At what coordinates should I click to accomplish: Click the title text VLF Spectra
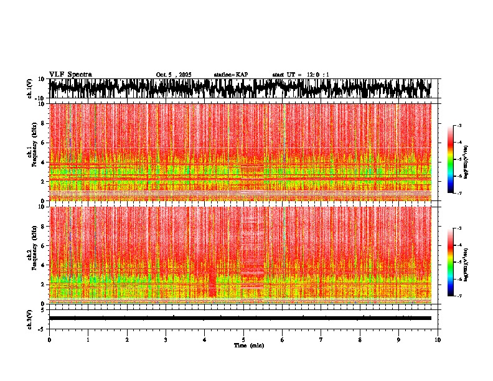[70, 74]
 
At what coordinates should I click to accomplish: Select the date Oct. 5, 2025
[174, 75]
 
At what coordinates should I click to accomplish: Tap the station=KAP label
[230, 75]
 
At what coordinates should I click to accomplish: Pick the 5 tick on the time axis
[244, 339]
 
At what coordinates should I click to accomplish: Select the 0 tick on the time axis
[49, 339]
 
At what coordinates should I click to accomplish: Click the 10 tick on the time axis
[438, 339]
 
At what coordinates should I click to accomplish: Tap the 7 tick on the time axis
[322, 339]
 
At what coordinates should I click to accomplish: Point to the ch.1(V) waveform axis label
[30, 88]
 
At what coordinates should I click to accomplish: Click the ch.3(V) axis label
[30, 318]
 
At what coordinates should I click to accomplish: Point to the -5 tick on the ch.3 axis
[43, 327]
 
